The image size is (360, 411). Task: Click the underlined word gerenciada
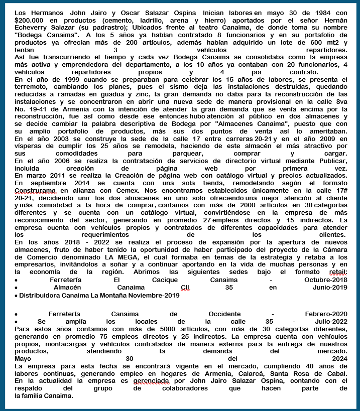(148, 381)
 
